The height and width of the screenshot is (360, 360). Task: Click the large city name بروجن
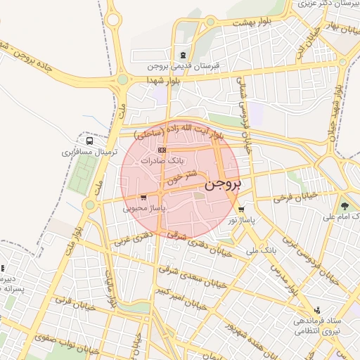click(x=224, y=185)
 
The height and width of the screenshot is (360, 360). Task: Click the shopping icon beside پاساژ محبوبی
click(x=143, y=198)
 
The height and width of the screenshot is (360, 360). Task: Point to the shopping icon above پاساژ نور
click(x=241, y=210)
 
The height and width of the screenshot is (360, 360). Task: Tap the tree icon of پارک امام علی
click(x=345, y=206)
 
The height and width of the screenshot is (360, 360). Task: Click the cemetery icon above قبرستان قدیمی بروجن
click(x=184, y=55)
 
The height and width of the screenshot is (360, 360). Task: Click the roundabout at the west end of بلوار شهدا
click(x=122, y=80)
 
